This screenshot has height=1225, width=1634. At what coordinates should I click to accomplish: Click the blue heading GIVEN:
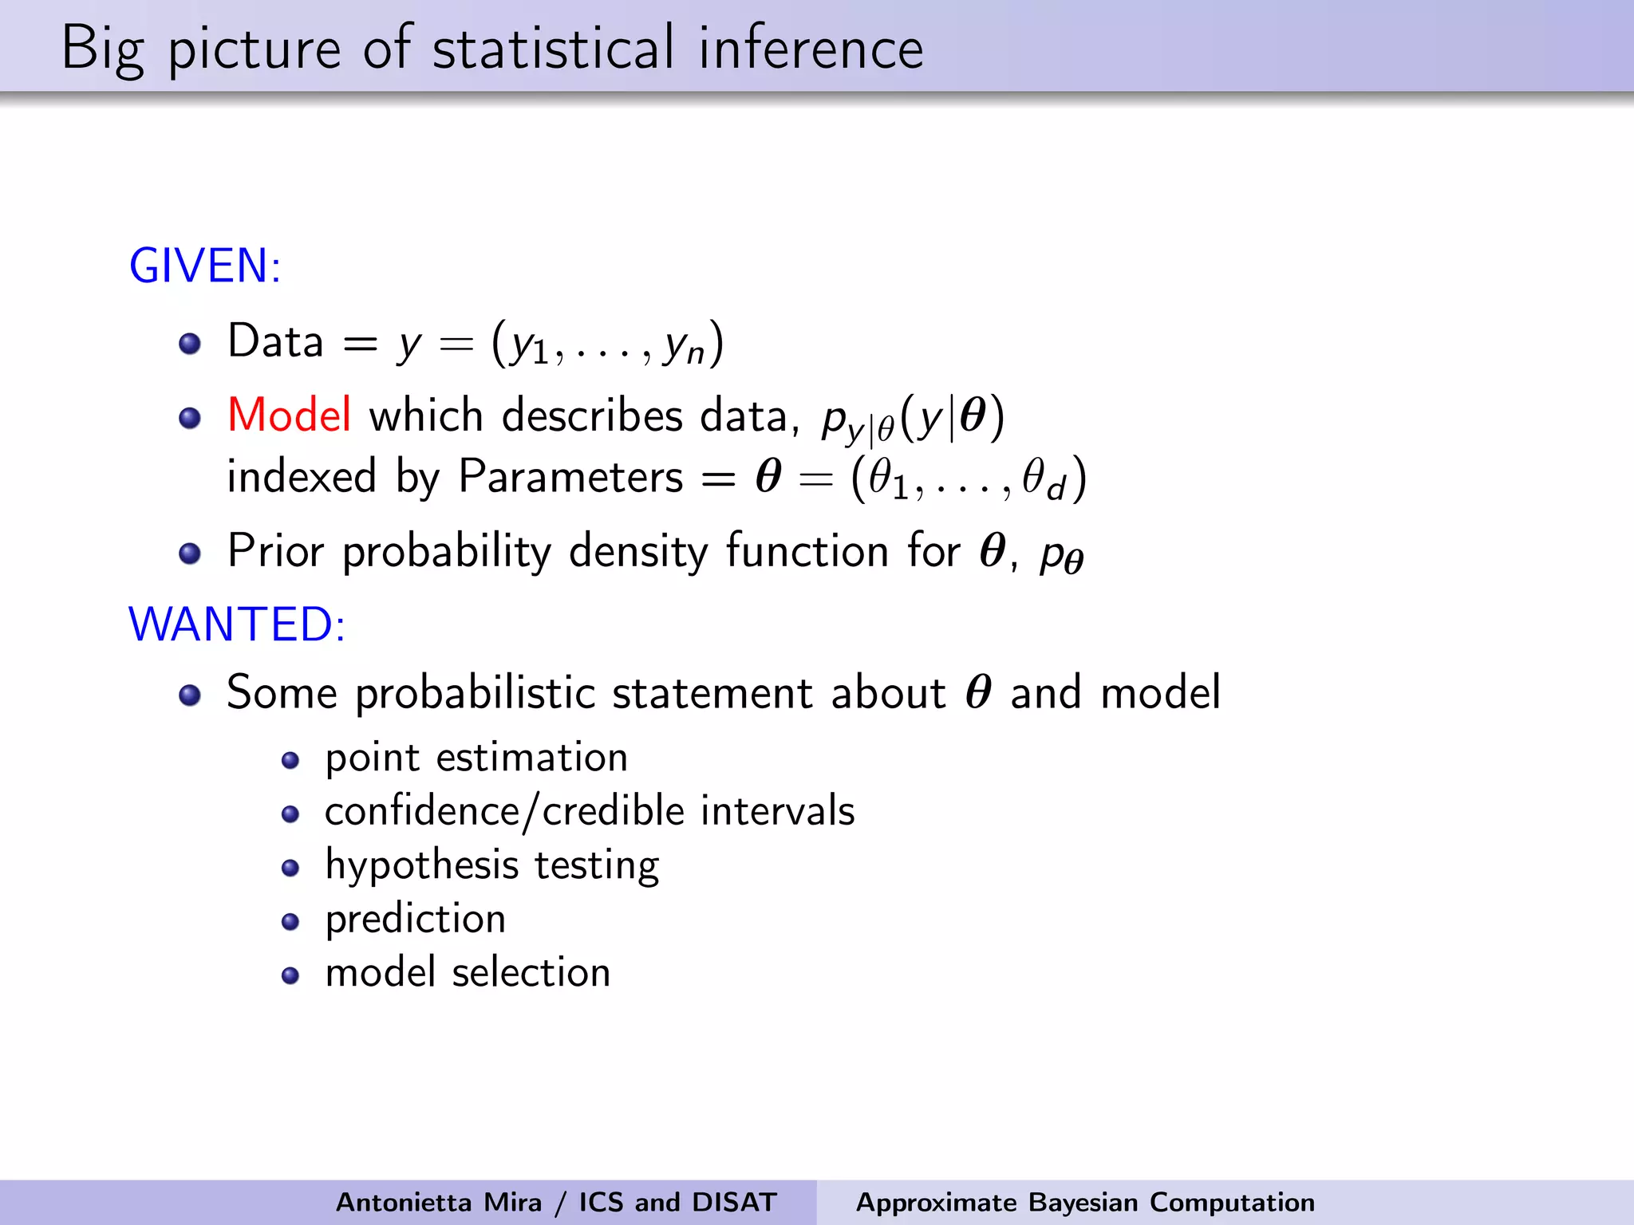[205, 266]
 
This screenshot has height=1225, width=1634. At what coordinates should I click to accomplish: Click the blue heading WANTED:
[237, 624]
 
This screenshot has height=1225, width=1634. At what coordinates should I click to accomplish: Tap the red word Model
[289, 416]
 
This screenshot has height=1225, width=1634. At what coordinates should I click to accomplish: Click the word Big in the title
[102, 49]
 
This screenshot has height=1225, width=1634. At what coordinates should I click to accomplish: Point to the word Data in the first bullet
[275, 341]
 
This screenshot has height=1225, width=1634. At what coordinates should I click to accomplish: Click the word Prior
[275, 551]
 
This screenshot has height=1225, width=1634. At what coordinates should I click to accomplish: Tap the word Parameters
[570, 478]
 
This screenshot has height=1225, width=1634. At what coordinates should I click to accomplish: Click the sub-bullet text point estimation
[476, 757]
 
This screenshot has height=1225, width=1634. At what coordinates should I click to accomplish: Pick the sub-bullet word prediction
[415, 920]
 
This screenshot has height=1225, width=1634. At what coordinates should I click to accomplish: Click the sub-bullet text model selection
[468, 973]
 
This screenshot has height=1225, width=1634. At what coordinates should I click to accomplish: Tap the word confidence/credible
[504, 811]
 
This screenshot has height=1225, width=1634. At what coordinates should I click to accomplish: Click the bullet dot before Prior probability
[190, 553]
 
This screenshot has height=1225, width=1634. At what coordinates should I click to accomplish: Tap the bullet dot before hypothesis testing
[290, 868]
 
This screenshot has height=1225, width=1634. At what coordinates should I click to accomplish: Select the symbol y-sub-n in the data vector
[685, 347]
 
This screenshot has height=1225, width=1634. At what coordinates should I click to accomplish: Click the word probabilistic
[475, 693]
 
